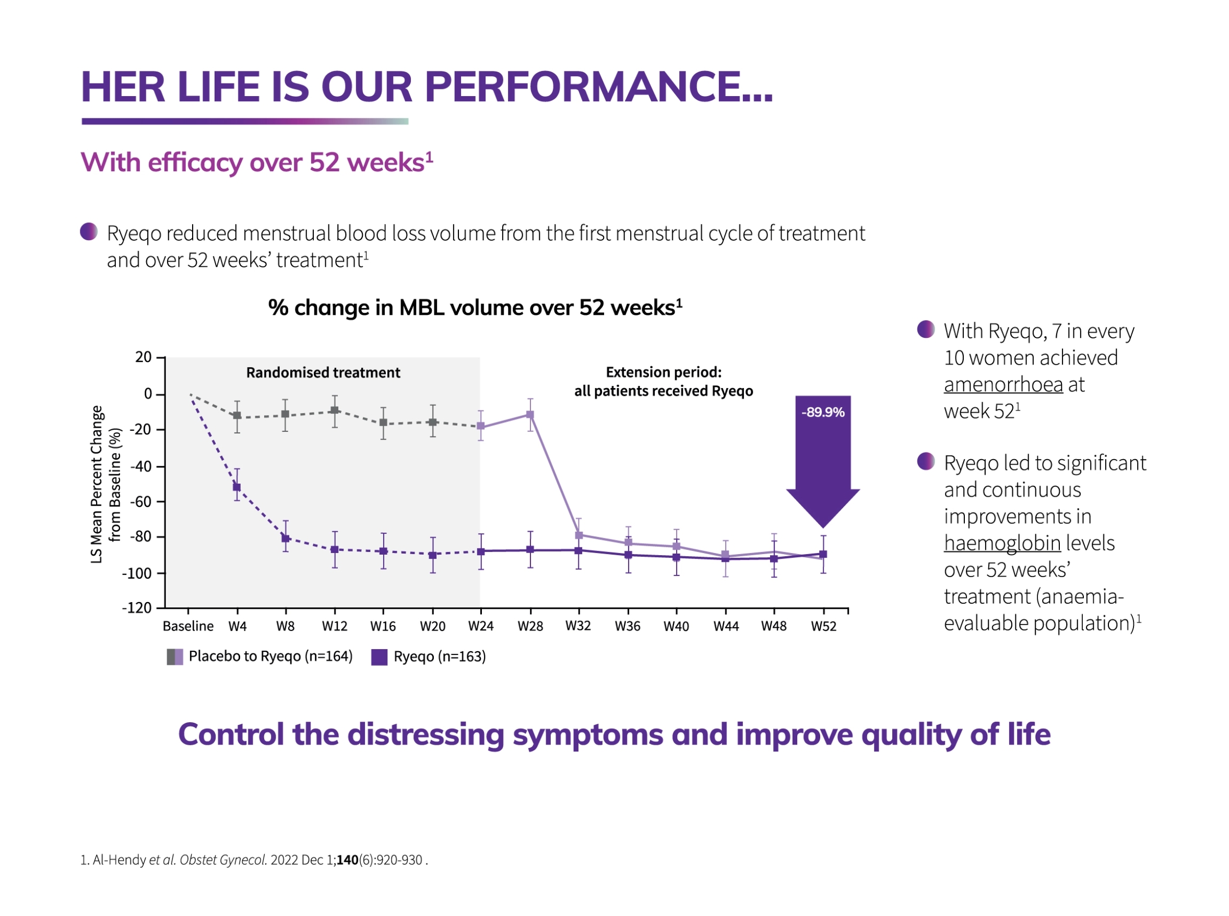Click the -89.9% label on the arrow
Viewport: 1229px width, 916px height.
point(822,412)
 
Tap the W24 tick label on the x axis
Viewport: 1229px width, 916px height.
point(480,626)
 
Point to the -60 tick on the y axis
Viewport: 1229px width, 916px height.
point(140,502)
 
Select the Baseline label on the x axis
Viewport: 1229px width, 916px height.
point(188,626)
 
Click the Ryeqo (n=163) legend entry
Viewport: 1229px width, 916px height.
point(429,656)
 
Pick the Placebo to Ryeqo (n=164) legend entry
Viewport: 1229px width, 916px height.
point(260,656)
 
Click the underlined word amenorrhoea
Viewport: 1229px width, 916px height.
point(1003,384)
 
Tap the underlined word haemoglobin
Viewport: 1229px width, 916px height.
point(1002,543)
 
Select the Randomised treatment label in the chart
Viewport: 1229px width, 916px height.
point(323,372)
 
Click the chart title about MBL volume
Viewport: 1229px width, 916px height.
point(475,308)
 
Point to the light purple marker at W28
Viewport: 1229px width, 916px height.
point(530,415)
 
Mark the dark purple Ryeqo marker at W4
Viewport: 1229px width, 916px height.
point(237,487)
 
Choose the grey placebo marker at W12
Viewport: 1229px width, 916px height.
point(334,411)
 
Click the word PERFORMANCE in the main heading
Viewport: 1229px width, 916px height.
point(590,87)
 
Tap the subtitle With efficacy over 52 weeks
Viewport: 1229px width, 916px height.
point(256,162)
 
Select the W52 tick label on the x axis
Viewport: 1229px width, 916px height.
point(823,627)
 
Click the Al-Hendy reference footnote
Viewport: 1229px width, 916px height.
point(254,860)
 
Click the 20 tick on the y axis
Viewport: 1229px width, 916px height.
point(143,357)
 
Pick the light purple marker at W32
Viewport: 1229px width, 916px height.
point(579,535)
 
